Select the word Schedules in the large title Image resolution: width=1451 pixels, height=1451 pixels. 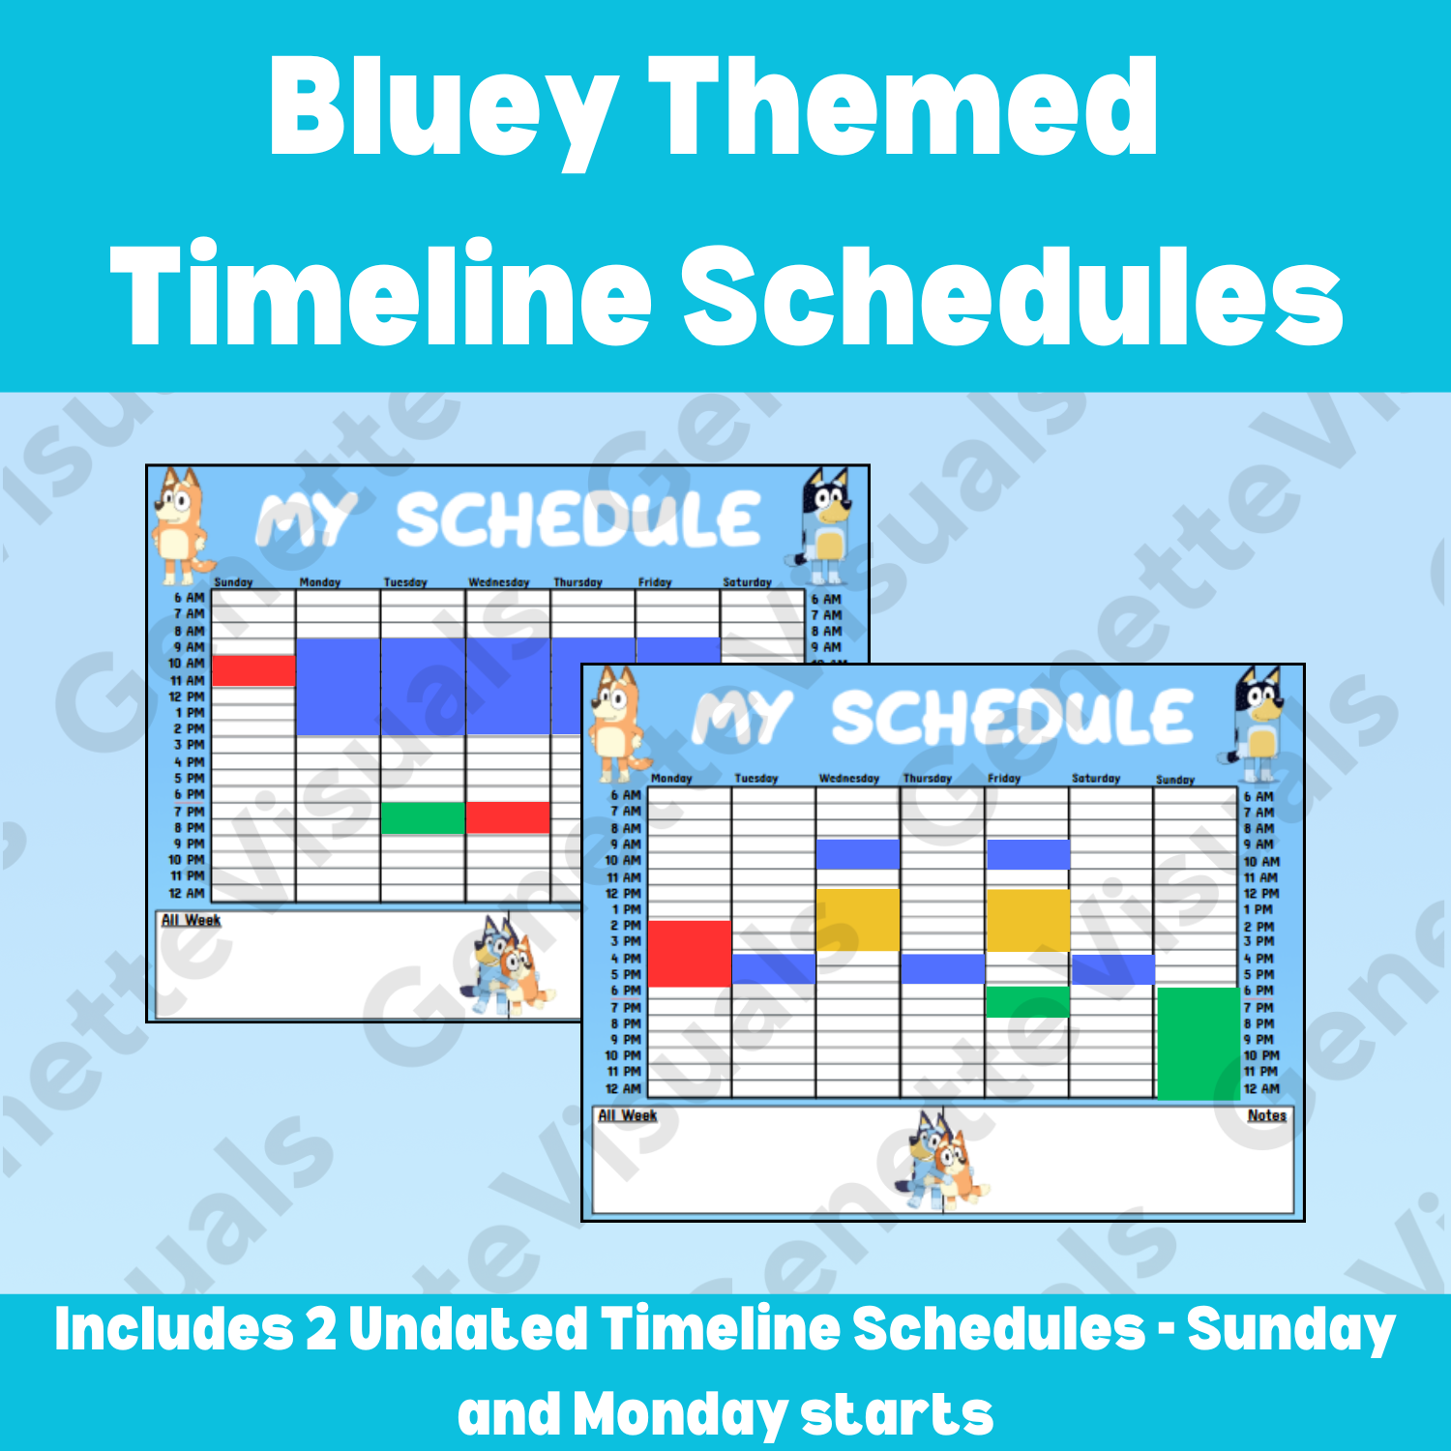[1012, 294]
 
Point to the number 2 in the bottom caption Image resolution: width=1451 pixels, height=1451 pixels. [320, 1329]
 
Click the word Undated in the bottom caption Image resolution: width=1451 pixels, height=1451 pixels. [468, 1329]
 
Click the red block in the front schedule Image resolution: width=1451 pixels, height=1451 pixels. [689, 953]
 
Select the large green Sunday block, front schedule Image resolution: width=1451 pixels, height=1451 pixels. [1198, 1043]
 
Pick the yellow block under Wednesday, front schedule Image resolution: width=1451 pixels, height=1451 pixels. [857, 919]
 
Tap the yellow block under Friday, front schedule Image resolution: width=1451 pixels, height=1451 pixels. [1027, 920]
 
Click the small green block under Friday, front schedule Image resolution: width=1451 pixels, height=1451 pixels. [1027, 1001]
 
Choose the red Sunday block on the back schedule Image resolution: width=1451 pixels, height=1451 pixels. [253, 670]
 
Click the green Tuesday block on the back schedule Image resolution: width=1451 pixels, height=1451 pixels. [423, 817]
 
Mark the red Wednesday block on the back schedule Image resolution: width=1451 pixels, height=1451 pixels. [508, 817]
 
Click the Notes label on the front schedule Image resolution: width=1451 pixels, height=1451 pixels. [1266, 1115]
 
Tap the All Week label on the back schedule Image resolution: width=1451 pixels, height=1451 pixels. [191, 920]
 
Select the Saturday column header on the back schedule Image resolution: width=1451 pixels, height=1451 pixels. [747, 582]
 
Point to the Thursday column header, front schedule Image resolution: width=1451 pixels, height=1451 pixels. [927, 778]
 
